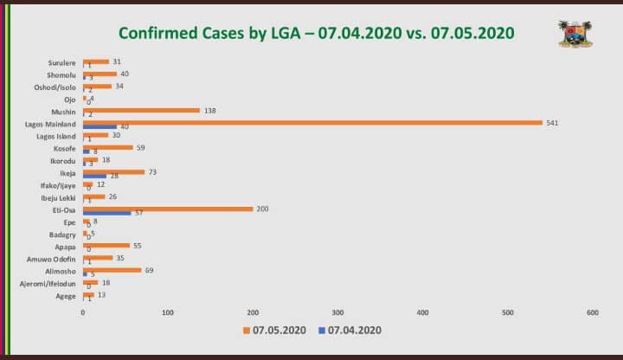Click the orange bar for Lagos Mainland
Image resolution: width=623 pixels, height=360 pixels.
(311, 122)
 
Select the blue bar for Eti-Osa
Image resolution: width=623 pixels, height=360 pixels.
(106, 213)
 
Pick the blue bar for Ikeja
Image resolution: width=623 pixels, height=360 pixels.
(94, 176)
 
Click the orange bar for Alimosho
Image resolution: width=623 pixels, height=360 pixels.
(112, 270)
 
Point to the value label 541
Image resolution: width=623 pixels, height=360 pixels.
(552, 122)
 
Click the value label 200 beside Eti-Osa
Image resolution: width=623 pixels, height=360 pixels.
(263, 209)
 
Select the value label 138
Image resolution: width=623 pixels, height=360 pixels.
(210, 110)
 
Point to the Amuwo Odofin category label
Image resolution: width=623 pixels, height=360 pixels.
(54, 259)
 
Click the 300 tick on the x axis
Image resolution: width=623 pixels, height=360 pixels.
(337, 312)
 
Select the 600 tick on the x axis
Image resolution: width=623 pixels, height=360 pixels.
(593, 312)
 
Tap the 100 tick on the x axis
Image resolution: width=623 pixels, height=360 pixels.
(168, 312)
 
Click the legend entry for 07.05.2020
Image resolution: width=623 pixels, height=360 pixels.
(275, 330)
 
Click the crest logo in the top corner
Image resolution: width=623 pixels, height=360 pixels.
(575, 33)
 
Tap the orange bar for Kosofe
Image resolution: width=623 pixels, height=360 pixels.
(107, 147)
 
